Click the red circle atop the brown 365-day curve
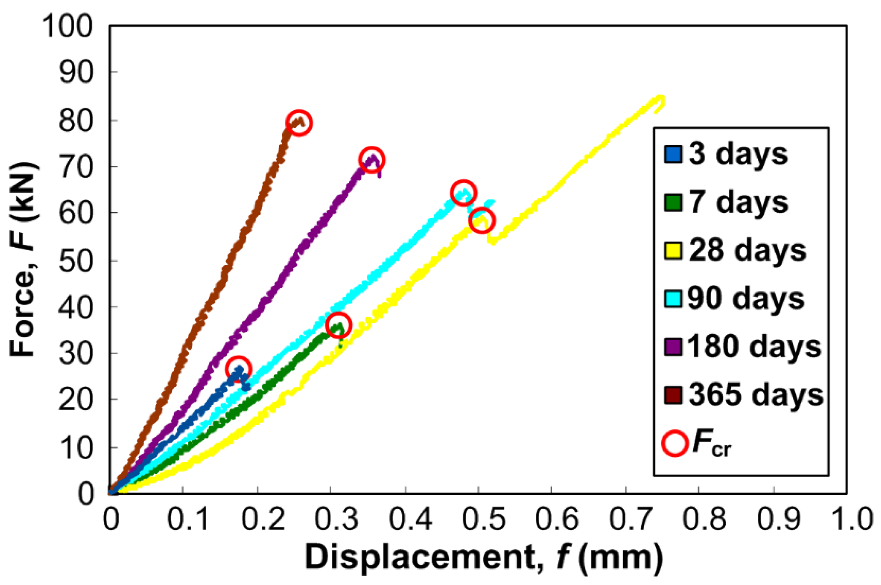299,123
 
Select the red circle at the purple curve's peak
372,160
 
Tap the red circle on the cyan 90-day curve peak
463,193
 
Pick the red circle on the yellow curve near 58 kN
482,220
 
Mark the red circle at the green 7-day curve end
338,325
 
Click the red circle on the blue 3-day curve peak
238,369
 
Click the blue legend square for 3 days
673,154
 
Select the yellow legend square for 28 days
673,251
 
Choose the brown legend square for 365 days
673,395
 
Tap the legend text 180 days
754,346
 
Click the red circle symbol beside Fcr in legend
675,443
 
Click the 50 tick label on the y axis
76,260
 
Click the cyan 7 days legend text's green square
673,202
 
